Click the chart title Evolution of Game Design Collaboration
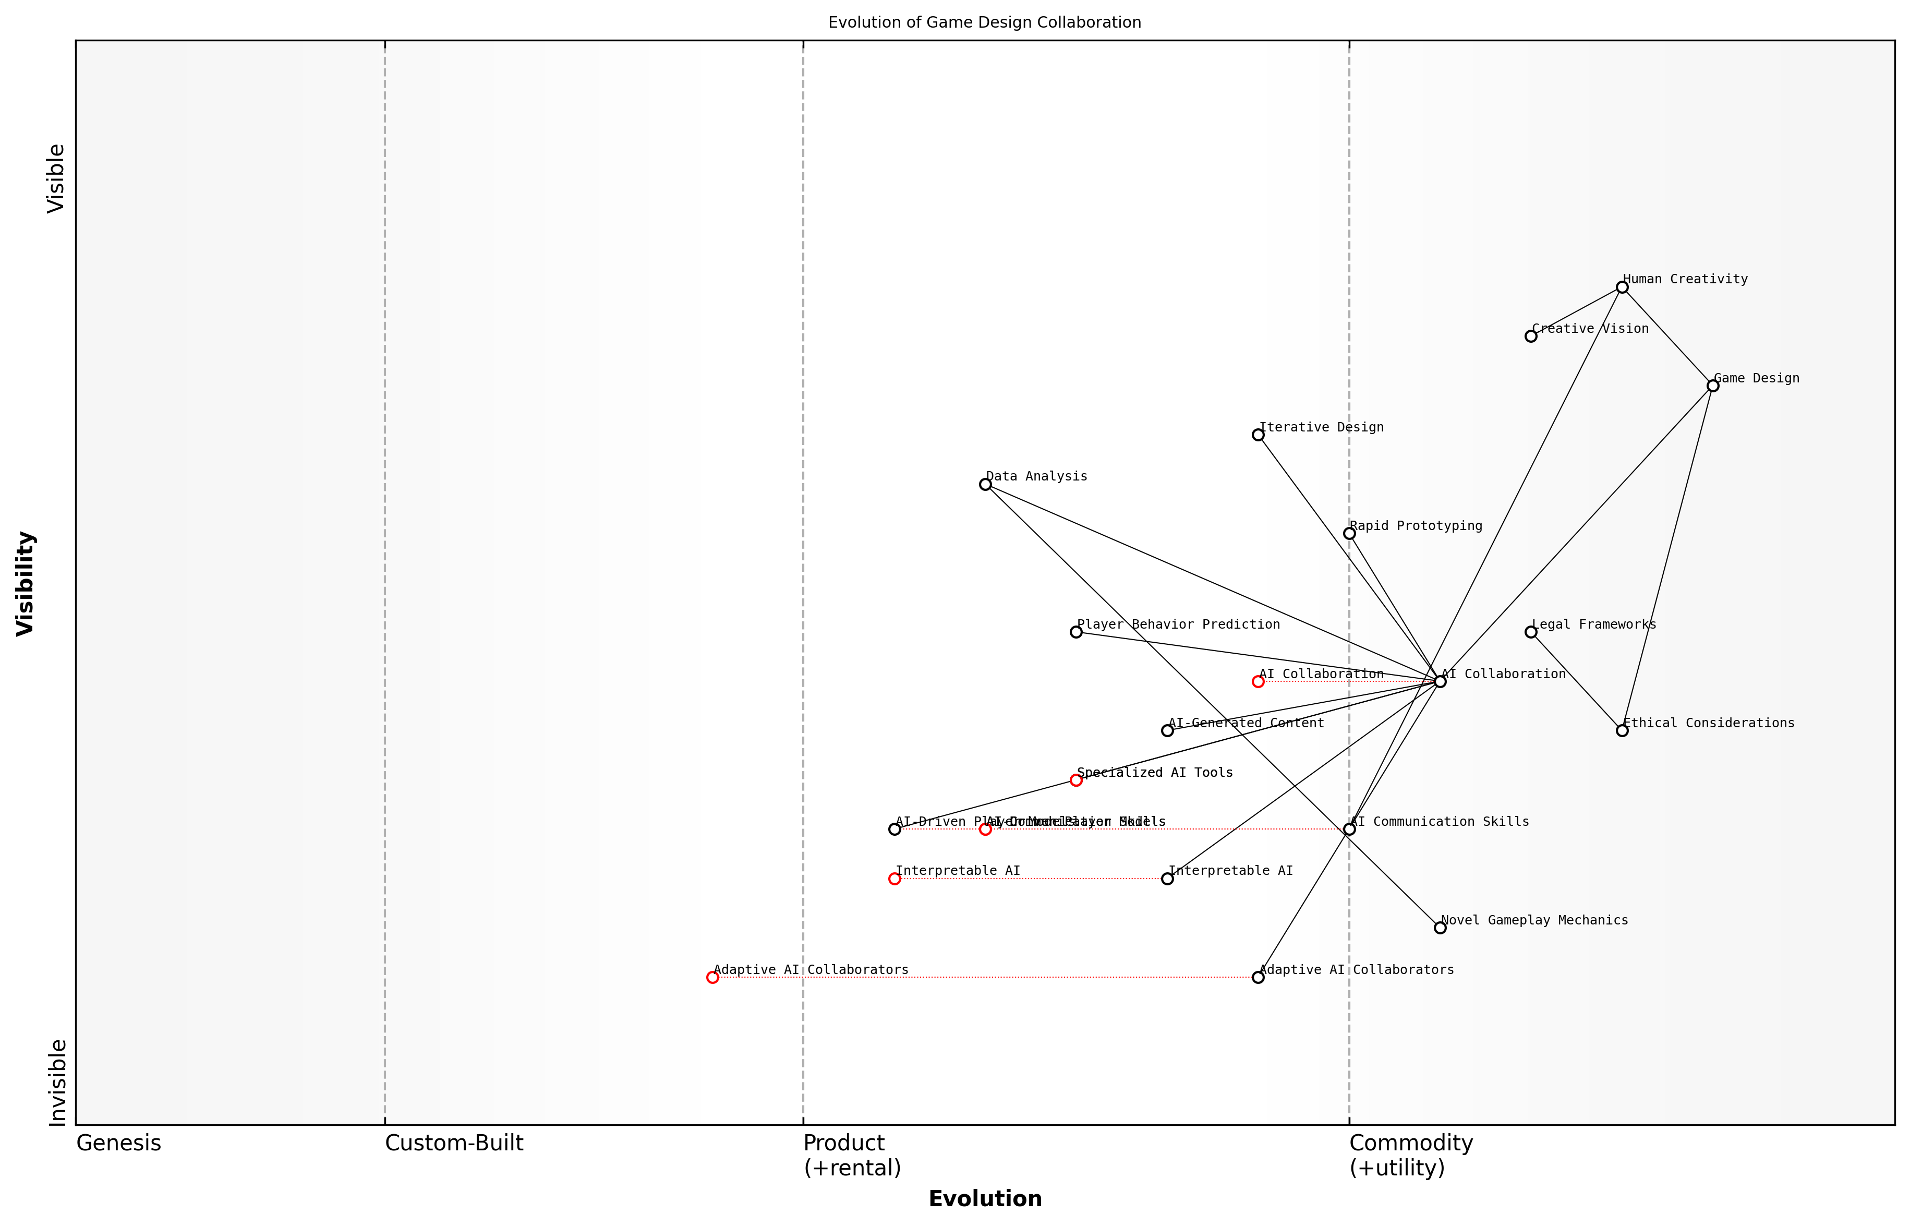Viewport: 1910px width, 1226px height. pos(984,22)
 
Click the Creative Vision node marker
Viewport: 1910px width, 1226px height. pos(1530,336)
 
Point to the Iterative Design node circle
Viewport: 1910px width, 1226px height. pos(1258,435)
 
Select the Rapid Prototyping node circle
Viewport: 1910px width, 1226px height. pos(1349,533)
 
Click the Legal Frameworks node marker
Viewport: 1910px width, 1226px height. pos(1530,632)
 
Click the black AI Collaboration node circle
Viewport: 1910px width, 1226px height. pos(1440,681)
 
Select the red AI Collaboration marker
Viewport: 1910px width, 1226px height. pos(1258,681)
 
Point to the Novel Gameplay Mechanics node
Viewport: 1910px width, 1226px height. pos(1440,928)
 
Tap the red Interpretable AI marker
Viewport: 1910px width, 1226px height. pos(894,879)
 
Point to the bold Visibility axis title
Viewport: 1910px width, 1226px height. pos(26,584)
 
